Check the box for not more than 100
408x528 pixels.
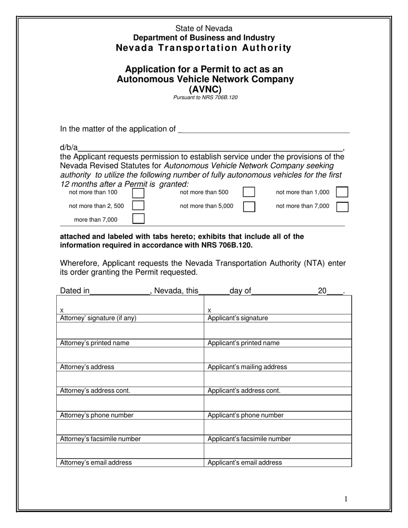point(138,193)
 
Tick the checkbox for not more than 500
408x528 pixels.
point(249,192)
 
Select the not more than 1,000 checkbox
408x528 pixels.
point(342,192)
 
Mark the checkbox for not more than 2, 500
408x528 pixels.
point(138,206)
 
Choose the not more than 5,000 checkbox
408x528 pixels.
point(249,206)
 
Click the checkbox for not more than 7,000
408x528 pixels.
point(342,206)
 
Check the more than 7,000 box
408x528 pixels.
point(138,219)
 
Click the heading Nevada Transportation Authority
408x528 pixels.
point(204,48)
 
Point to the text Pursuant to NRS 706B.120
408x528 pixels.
point(205,97)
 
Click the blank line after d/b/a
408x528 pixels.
point(210,147)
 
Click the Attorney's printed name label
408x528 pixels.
point(94,343)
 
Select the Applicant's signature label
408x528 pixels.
point(237,318)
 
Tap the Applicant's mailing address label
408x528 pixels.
point(247,367)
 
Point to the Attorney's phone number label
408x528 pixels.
point(97,415)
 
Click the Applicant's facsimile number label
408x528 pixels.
point(249,439)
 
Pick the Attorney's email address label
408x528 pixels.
point(96,463)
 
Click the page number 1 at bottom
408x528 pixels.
point(346,499)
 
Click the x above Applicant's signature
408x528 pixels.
point(209,310)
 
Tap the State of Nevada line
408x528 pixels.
point(204,28)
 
